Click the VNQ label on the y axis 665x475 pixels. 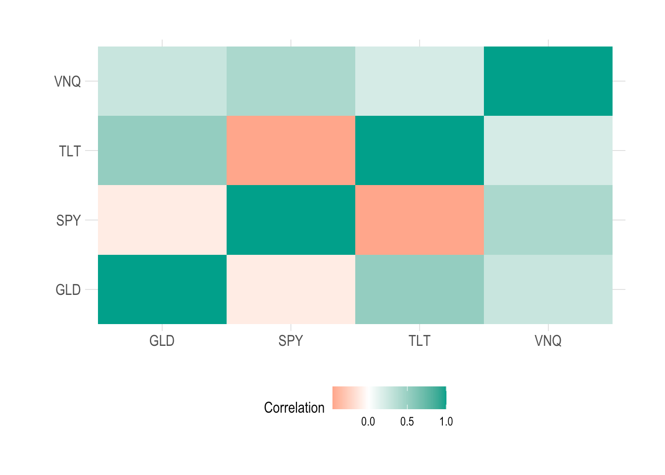tap(67, 81)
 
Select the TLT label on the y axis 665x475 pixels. tap(70, 151)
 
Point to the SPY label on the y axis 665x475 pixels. tap(68, 220)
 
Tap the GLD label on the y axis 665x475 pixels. tap(68, 289)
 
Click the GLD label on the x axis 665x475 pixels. tap(162, 341)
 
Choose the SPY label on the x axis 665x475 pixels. tap(290, 341)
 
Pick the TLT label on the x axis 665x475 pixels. tap(420, 341)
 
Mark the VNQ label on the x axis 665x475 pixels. tap(548, 341)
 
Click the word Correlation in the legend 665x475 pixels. tap(294, 408)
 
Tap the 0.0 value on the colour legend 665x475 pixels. tap(368, 422)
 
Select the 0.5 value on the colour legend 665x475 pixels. tap(407, 422)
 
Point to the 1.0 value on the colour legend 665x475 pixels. tap(446, 422)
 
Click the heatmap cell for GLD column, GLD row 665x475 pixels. tap(162, 289)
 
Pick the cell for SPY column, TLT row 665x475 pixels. tap(291, 150)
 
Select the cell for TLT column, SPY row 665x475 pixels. tap(420, 220)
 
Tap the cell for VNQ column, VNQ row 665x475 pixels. tap(548, 81)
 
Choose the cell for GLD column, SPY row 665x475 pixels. tap(162, 220)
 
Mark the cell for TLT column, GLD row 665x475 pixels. tap(420, 289)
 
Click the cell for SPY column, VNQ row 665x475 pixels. tap(291, 81)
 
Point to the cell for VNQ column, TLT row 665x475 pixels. tap(548, 150)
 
